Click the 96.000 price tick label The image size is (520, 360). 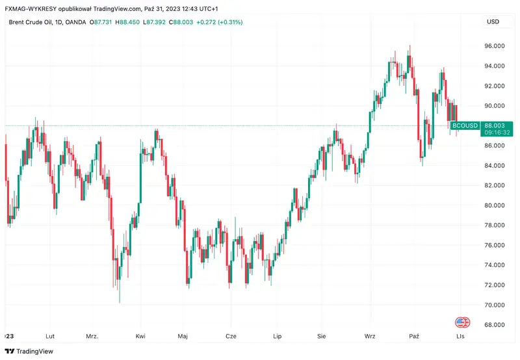click(x=495, y=46)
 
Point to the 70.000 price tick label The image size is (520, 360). click(x=495, y=305)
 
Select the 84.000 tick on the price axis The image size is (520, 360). click(x=495, y=166)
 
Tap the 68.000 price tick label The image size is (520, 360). click(x=495, y=325)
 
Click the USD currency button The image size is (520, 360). click(x=493, y=22)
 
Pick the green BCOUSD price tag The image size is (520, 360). click(x=465, y=125)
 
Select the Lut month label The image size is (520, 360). click(x=49, y=337)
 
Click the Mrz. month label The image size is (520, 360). click(x=92, y=337)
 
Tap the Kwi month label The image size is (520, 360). click(x=140, y=337)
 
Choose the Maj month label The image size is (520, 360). click(x=183, y=337)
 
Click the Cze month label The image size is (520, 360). click(x=230, y=337)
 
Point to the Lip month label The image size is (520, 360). click(x=278, y=337)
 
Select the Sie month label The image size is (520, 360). click(x=321, y=337)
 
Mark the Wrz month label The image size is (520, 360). click(x=370, y=337)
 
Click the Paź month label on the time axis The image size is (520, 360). click(x=414, y=337)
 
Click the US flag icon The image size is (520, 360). click(x=462, y=322)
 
